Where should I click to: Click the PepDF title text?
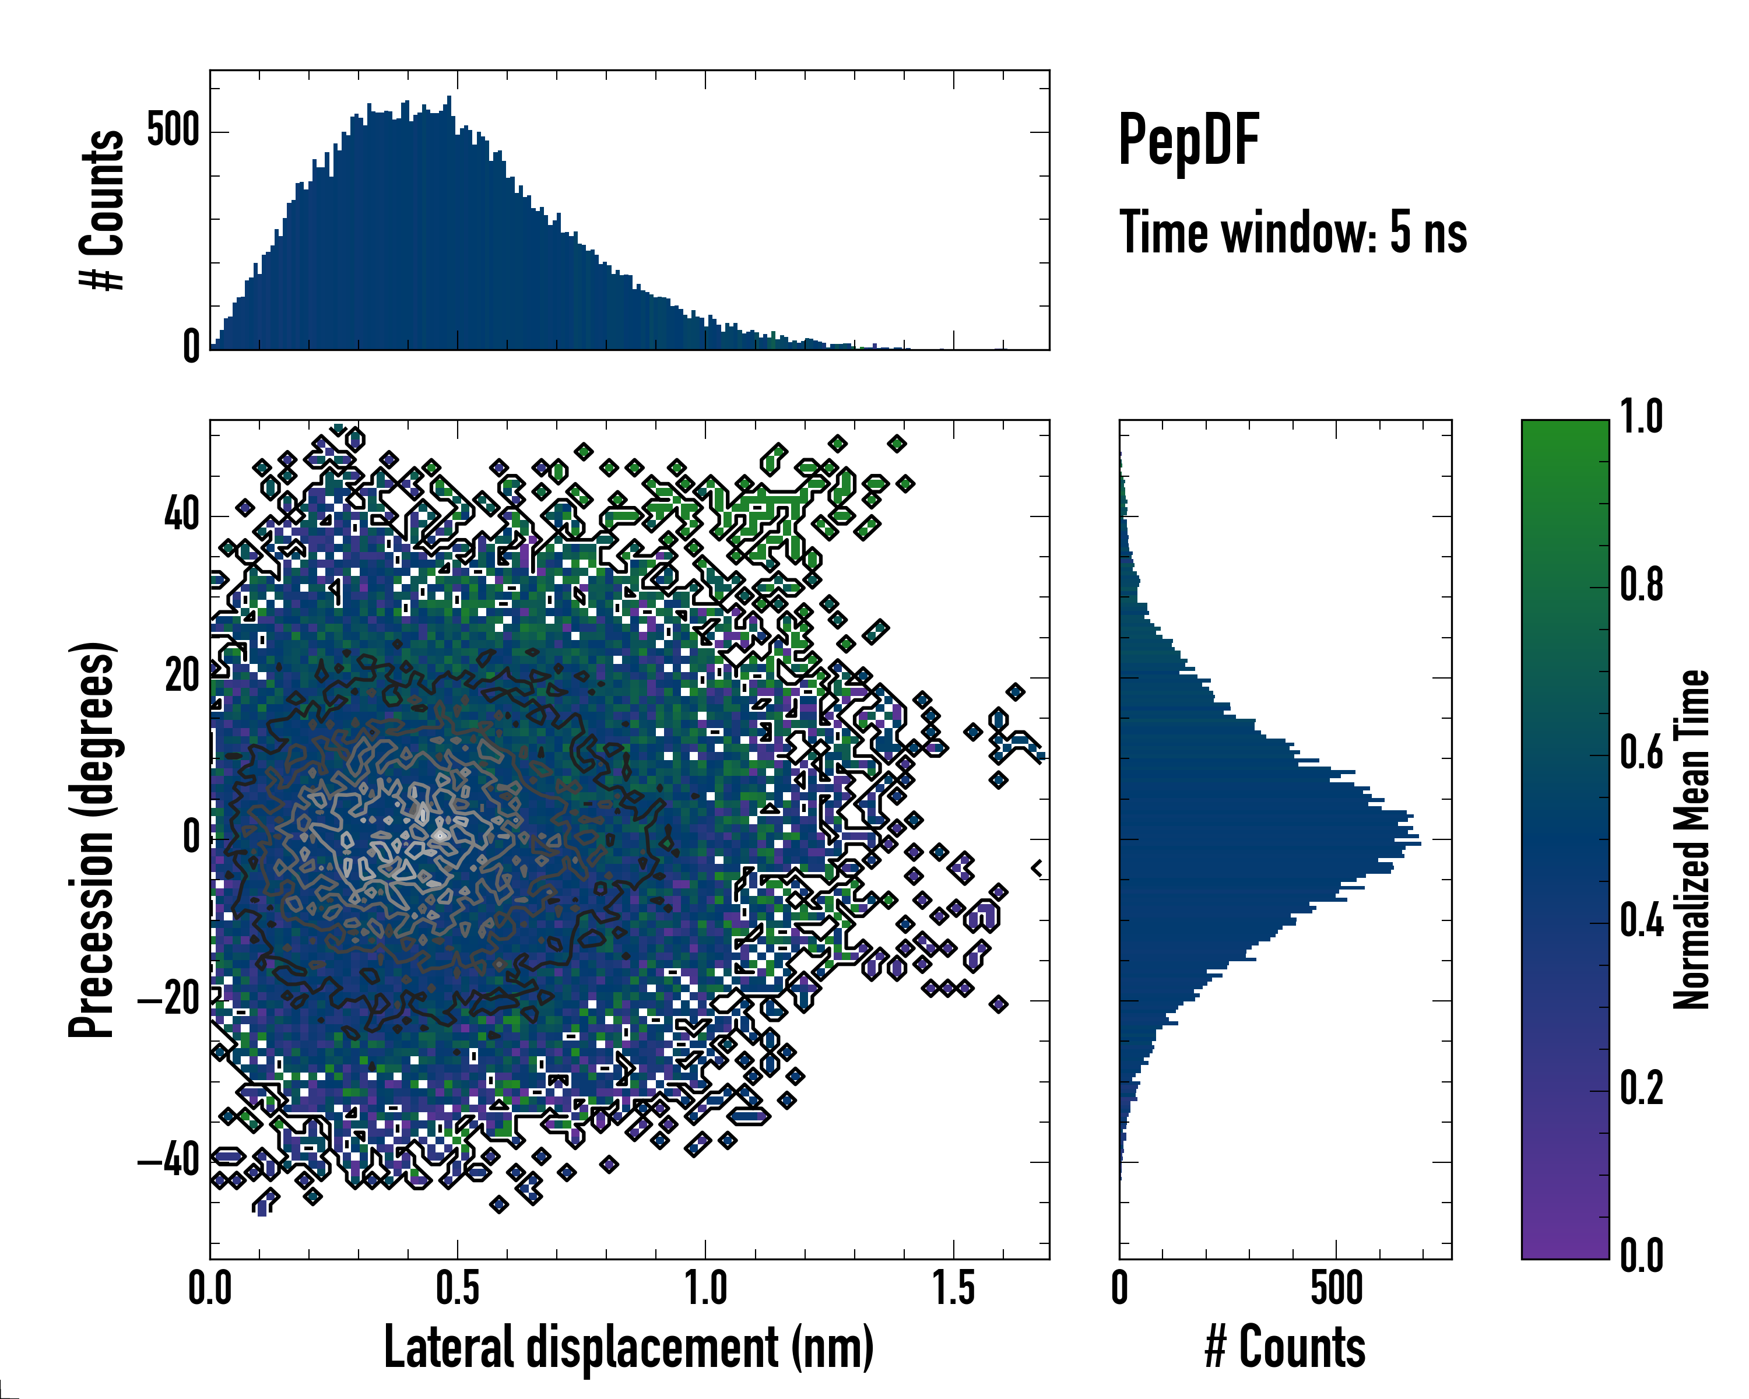point(1188,141)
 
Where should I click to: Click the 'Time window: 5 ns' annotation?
point(1293,233)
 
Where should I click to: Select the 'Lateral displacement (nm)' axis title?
point(628,1347)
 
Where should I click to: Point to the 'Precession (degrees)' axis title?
point(92,839)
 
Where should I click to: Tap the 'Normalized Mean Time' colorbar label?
point(1691,839)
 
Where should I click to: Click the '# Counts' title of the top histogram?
point(102,210)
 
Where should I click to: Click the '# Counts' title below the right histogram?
point(1285,1347)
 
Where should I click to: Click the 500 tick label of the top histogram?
point(173,131)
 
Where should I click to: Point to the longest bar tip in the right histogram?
point(1419,844)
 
